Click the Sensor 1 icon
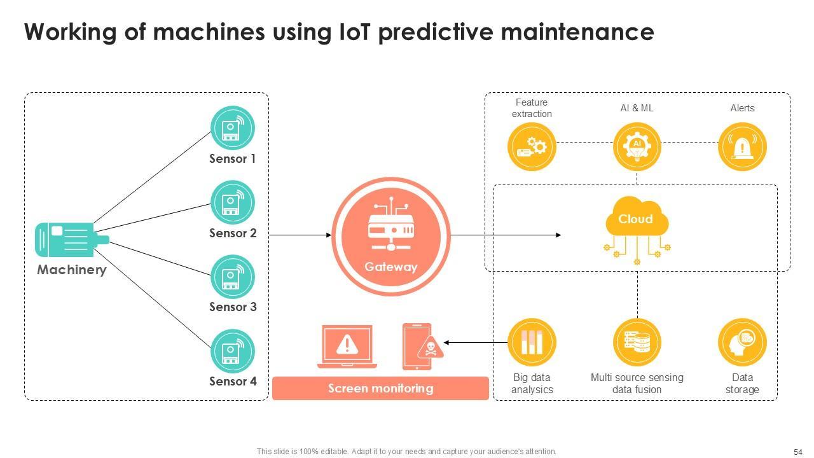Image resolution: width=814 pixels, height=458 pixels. [x=232, y=128]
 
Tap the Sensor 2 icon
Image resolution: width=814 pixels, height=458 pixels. [x=232, y=202]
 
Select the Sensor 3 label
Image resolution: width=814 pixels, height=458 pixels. [x=233, y=307]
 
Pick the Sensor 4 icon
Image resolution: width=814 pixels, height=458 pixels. [x=232, y=350]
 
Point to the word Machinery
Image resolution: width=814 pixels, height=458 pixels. [x=71, y=270]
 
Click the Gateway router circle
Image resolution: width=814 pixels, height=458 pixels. [x=390, y=236]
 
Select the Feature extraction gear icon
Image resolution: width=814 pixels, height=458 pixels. [x=532, y=147]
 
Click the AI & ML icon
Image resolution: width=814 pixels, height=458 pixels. [x=637, y=147]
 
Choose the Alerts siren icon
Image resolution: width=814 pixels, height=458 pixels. [x=742, y=147]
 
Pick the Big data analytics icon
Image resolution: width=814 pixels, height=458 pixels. [x=532, y=342]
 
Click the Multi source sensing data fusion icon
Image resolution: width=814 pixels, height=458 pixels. [x=637, y=342]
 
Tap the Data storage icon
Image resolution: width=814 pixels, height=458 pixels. [x=742, y=342]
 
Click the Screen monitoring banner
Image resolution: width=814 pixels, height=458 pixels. [x=380, y=389]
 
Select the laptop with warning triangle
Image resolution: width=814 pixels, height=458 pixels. [x=347, y=346]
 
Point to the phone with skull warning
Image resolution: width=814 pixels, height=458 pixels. [x=418, y=347]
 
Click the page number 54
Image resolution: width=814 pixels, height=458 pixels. [x=797, y=452]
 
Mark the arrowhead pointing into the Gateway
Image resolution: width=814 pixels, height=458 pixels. [x=329, y=235]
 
